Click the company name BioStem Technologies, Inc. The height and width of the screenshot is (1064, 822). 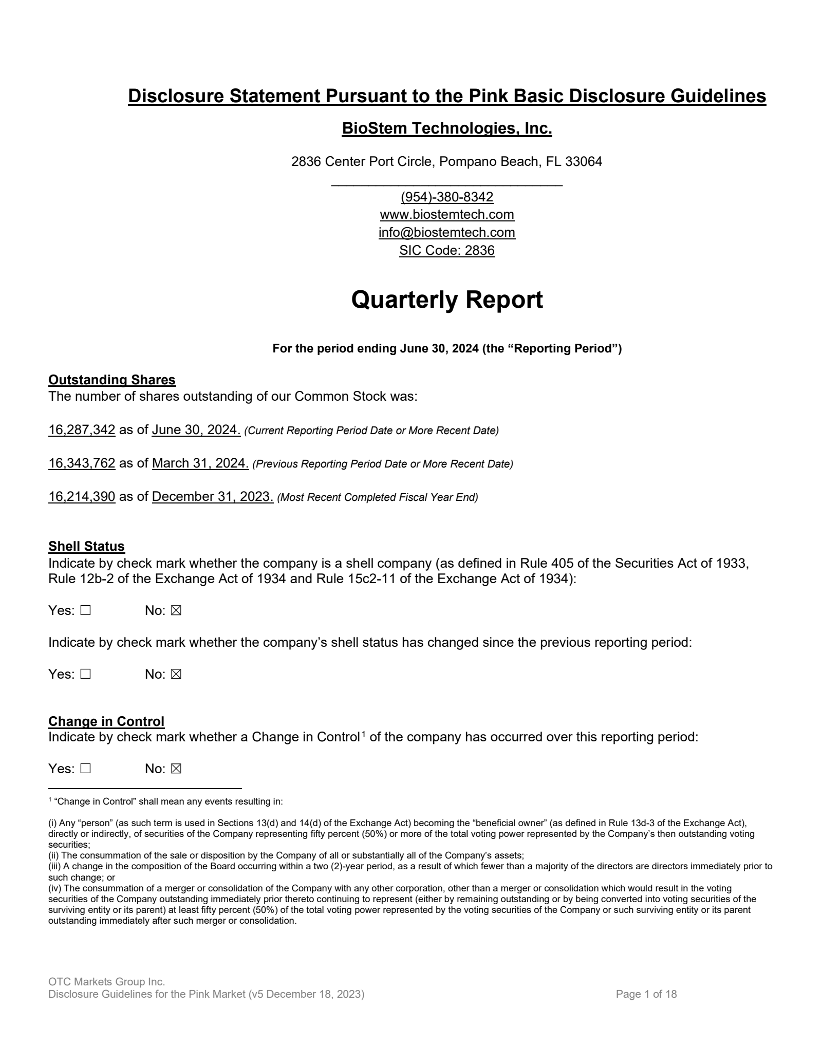446,128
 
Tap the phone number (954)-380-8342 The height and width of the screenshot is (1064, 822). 446,197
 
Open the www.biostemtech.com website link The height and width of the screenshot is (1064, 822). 446,214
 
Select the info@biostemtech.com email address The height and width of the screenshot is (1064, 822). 446,232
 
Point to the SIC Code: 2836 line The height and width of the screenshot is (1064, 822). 446,250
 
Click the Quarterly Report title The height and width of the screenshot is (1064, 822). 446,300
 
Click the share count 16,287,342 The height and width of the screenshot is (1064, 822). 82,430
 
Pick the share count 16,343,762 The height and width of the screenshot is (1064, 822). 82,463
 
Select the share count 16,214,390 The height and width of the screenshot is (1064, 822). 82,497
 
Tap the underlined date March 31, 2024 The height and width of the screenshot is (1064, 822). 200,463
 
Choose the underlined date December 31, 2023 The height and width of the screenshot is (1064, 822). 213,497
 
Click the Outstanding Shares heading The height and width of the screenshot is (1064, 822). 112,380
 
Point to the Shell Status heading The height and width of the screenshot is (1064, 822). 86,546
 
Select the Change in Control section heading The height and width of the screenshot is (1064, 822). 106,721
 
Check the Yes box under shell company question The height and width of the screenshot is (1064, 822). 85,611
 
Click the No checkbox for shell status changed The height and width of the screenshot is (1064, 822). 176,674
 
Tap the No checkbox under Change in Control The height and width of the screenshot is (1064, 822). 176,769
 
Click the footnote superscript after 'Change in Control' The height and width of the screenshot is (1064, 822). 363,734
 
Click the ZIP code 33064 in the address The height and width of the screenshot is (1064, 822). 583,162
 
